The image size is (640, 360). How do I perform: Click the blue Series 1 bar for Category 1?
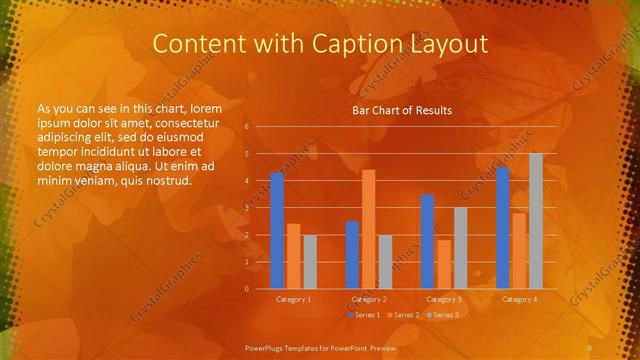pyautogui.click(x=277, y=230)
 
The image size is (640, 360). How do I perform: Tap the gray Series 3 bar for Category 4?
pyautogui.click(x=536, y=221)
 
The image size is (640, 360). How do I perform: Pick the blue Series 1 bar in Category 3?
pyautogui.click(x=427, y=241)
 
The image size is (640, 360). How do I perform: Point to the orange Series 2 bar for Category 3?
pyautogui.click(x=444, y=264)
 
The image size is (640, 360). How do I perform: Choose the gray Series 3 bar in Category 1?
pyautogui.click(x=310, y=262)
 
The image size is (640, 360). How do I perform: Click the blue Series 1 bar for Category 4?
pyautogui.click(x=503, y=228)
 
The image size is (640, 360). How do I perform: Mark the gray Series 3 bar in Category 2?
pyautogui.click(x=385, y=262)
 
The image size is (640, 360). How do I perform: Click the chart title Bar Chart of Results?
pyautogui.click(x=402, y=110)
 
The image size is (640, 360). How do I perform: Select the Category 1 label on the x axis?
pyautogui.click(x=293, y=299)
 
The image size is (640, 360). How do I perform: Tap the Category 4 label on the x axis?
pyautogui.click(x=519, y=299)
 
